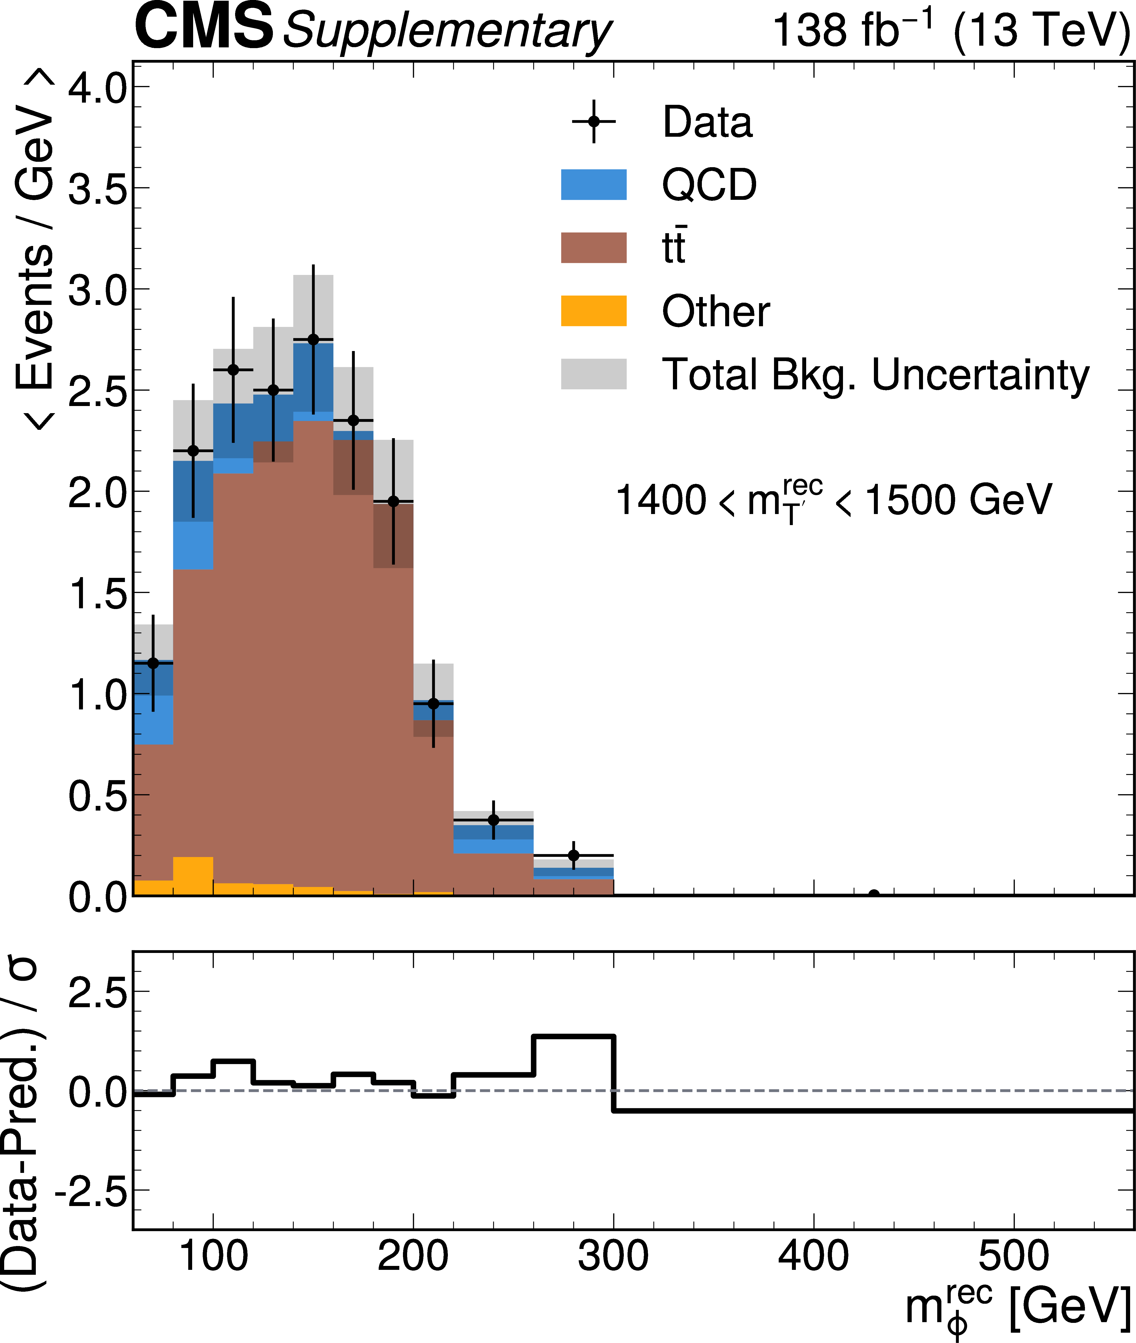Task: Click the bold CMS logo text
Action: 203,27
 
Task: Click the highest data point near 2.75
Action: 313,339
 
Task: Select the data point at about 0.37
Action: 493,820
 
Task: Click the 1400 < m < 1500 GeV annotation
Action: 834,500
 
